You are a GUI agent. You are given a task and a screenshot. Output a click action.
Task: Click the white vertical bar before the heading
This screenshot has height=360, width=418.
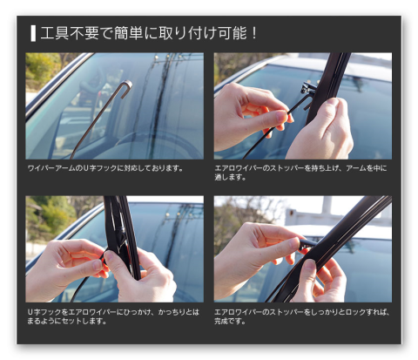click(33, 33)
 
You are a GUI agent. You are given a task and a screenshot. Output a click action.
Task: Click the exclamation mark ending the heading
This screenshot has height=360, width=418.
click(254, 33)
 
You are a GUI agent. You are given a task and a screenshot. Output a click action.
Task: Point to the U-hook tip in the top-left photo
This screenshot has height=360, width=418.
click(127, 85)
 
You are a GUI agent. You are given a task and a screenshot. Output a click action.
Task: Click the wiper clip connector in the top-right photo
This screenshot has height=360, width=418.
click(307, 88)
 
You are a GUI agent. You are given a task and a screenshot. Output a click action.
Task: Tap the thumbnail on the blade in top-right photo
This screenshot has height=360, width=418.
click(333, 102)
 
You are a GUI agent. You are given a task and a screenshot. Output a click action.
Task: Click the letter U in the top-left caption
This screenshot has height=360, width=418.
click(85, 168)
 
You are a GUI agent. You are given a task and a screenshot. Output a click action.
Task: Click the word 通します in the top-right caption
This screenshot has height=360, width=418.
click(228, 177)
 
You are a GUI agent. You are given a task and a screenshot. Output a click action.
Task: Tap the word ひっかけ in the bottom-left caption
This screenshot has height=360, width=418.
click(138, 312)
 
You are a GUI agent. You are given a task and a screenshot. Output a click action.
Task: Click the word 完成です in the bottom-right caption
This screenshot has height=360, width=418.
click(228, 321)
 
